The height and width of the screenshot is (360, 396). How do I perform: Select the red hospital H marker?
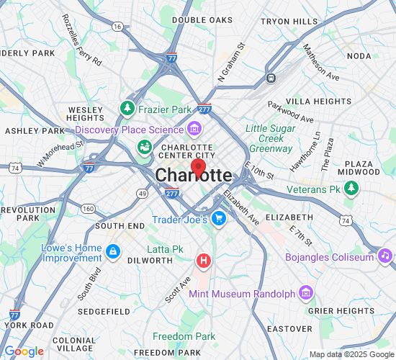coord(204,260)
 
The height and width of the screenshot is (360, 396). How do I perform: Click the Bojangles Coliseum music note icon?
coord(385,256)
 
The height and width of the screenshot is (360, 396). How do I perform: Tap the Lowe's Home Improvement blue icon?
coord(112,251)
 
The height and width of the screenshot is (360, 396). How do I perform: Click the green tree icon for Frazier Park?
coord(128,109)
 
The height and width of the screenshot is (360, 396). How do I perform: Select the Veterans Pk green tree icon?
coord(351,189)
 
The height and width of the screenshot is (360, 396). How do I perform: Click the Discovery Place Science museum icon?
coord(194,130)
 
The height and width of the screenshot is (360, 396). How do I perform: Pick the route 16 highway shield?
coord(117,27)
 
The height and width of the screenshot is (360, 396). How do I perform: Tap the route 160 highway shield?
coord(88,208)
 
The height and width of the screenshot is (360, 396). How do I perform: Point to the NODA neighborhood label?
coord(359,56)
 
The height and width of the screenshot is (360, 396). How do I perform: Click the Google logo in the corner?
coord(24,351)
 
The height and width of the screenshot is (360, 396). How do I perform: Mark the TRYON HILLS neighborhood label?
coord(289,22)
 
